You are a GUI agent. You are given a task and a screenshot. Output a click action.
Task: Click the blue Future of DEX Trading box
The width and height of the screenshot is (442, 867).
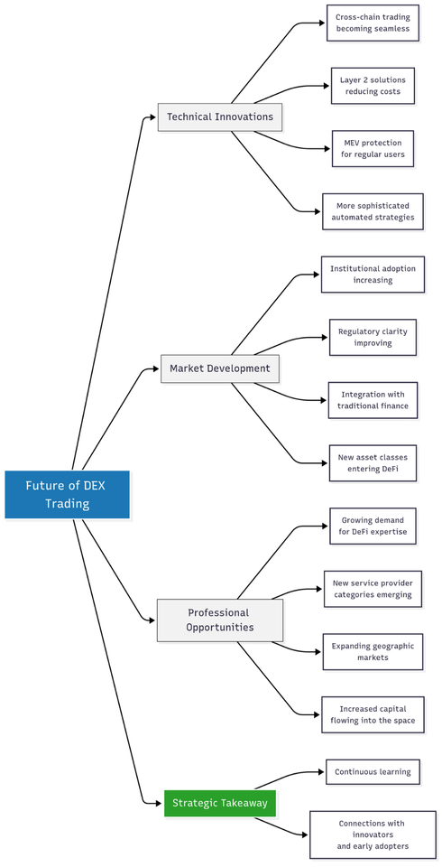[x=67, y=494]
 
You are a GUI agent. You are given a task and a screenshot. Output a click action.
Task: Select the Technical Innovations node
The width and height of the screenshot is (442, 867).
[x=220, y=117]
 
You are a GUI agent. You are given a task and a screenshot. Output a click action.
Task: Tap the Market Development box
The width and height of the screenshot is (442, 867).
[x=220, y=368]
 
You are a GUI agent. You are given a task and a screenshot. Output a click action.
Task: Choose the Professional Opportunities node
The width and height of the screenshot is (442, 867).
[x=220, y=620]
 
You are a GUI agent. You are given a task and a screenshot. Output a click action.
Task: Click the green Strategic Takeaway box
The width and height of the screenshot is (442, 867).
[x=220, y=803]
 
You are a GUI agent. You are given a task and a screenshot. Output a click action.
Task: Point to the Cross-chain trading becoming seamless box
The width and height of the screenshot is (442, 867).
[x=373, y=23]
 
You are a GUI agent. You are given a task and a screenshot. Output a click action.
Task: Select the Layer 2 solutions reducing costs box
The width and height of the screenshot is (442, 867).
[x=373, y=85]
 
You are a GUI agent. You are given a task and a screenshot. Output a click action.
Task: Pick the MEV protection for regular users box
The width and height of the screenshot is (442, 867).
[x=373, y=148]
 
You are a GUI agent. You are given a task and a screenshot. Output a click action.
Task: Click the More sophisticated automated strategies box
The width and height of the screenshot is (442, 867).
[x=373, y=210]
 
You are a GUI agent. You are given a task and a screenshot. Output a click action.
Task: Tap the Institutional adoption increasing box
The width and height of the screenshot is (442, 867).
[x=373, y=274]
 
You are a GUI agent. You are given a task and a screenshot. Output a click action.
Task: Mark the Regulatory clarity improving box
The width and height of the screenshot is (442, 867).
[x=373, y=337]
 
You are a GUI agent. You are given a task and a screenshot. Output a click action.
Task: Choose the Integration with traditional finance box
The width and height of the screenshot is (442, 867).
[x=373, y=399]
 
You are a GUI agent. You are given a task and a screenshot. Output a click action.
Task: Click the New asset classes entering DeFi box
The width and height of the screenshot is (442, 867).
[x=373, y=462]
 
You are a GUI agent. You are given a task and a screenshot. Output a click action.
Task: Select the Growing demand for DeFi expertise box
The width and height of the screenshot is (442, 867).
[x=373, y=526]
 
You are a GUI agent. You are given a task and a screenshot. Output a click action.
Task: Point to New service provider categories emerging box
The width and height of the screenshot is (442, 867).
[x=373, y=588]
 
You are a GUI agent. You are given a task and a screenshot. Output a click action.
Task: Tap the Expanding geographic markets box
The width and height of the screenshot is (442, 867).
[x=373, y=651]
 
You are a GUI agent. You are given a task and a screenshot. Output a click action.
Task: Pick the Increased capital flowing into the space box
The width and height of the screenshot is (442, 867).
[x=373, y=713]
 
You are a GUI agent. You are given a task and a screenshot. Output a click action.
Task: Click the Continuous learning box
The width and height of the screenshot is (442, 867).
[x=373, y=771]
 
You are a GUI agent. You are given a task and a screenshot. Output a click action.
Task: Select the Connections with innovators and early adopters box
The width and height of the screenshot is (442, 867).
[x=373, y=834]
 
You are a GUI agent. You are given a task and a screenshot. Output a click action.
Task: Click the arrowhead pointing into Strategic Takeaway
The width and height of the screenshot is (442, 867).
[x=159, y=803]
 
